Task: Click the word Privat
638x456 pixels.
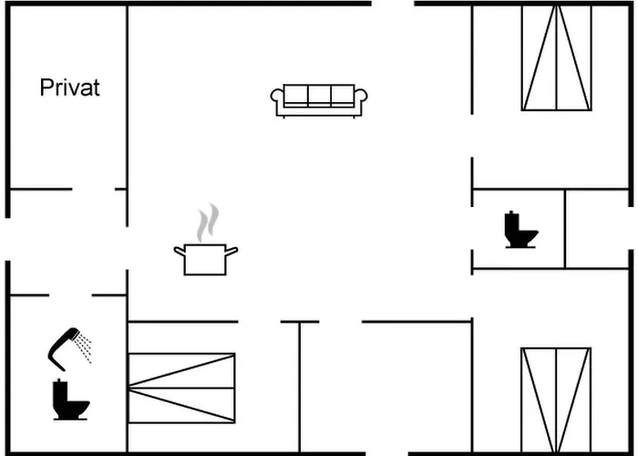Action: (69, 88)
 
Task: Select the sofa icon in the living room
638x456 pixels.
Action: (319, 99)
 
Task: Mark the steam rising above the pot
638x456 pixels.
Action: (210, 222)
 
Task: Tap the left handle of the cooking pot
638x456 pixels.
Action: (179, 250)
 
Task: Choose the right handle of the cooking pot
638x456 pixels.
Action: (232, 250)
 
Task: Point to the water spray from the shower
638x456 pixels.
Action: (84, 347)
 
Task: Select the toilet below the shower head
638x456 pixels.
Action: (68, 400)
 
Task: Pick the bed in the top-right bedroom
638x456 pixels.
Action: (556, 57)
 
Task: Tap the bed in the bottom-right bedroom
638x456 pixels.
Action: (556, 399)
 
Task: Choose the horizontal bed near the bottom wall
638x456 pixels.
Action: (181, 388)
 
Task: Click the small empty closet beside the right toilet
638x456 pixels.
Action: (597, 229)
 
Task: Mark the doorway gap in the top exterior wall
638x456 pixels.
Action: (393, 5)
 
